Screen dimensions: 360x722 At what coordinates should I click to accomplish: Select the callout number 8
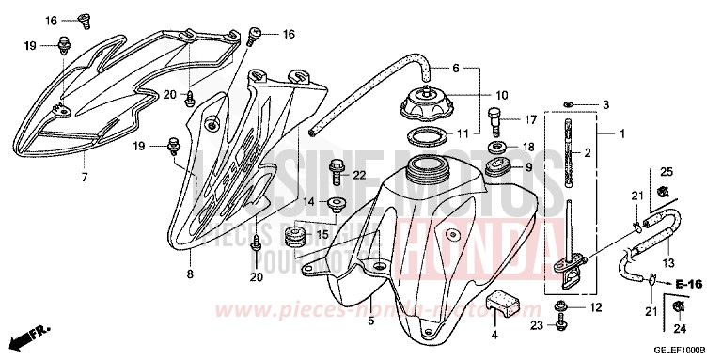190,274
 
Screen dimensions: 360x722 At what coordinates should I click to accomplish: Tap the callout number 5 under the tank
370,321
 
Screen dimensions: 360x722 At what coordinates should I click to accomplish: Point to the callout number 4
494,334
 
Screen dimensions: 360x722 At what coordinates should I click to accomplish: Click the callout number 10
501,95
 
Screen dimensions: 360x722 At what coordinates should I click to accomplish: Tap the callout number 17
530,119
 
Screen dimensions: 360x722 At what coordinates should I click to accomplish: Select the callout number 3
606,104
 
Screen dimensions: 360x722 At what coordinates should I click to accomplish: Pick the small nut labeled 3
571,102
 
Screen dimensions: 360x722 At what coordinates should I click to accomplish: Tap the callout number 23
538,327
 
